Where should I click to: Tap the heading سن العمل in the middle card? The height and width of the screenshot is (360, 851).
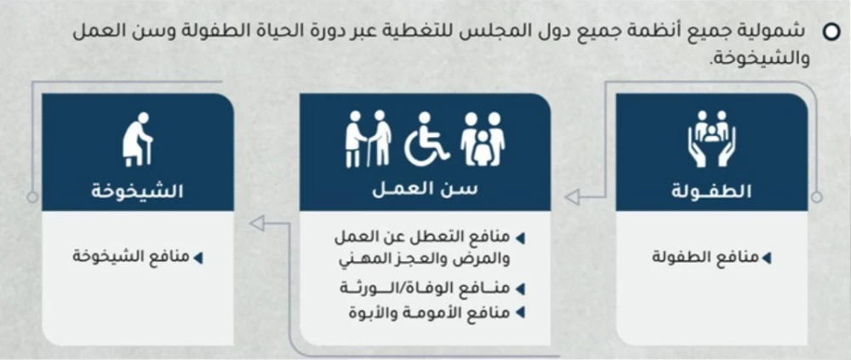425,191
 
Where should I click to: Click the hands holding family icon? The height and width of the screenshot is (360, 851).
711,138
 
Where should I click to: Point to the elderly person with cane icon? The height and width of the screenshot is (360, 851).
137,139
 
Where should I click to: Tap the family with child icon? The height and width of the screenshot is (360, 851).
482,140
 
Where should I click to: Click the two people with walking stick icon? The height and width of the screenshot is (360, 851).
368,140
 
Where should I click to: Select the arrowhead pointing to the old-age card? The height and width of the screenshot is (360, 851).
256,224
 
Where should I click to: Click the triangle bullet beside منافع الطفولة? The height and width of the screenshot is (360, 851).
767,257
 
